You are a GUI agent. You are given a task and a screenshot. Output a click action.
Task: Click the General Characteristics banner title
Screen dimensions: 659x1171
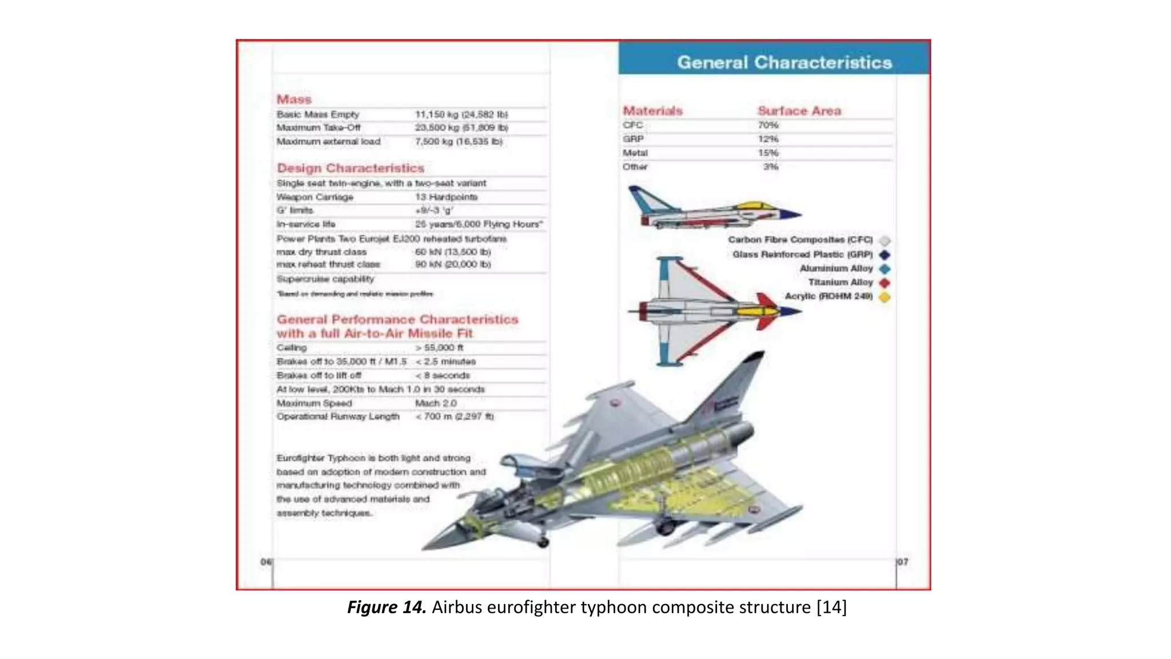[x=784, y=62]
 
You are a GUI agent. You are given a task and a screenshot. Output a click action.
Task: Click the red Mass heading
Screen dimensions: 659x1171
[x=294, y=100]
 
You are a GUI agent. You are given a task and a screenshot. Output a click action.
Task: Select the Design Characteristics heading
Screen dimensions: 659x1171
[x=350, y=168]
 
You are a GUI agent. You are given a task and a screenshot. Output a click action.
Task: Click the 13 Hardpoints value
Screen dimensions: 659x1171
[x=446, y=197]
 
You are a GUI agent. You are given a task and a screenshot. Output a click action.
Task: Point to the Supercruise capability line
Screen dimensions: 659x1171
[x=325, y=279]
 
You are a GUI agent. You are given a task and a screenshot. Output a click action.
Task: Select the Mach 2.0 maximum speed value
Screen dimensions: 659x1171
[x=436, y=403]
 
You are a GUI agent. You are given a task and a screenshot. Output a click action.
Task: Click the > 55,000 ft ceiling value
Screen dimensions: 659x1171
[x=439, y=348]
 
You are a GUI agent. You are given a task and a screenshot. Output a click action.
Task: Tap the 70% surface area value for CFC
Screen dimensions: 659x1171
[x=768, y=125]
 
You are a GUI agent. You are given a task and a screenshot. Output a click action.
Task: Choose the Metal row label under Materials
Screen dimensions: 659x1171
[x=635, y=153]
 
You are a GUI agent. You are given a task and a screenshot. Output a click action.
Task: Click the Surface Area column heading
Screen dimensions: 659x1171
[x=799, y=111]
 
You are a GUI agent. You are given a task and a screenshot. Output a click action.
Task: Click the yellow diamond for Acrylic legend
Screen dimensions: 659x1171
[x=885, y=297]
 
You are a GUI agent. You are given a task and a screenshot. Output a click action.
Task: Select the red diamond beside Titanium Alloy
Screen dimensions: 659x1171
[x=885, y=283]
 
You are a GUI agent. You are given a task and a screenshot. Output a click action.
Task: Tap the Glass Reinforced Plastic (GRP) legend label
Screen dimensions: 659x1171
[x=802, y=255]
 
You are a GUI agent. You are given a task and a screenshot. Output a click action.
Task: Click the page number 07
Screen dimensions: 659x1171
[x=903, y=562]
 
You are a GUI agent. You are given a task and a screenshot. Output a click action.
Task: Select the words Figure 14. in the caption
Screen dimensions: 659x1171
[x=387, y=607]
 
